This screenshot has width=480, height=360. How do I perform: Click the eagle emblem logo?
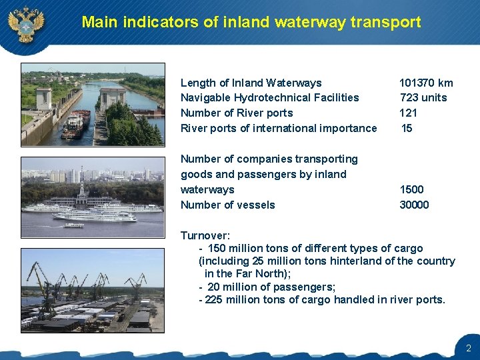[26, 23]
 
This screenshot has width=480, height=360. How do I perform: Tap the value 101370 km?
[426, 83]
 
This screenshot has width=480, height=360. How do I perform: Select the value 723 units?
[423, 97]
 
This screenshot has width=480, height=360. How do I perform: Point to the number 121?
[408, 113]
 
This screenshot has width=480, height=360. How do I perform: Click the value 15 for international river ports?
[407, 128]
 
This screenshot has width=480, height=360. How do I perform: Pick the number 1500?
[411, 189]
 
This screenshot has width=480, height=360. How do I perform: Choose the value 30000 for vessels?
[414, 205]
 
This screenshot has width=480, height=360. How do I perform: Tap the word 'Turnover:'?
[205, 235]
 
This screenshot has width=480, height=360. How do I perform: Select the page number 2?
[468, 348]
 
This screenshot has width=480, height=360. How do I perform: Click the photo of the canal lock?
[93, 104]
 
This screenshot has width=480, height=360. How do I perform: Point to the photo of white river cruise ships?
[93, 197]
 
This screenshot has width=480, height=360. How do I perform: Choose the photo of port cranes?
[93, 290]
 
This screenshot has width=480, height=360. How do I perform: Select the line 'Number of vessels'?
[227, 205]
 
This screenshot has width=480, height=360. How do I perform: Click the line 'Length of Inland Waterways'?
[251, 83]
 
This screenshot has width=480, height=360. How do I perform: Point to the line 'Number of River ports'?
[237, 113]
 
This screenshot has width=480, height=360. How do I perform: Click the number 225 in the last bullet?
[214, 299]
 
